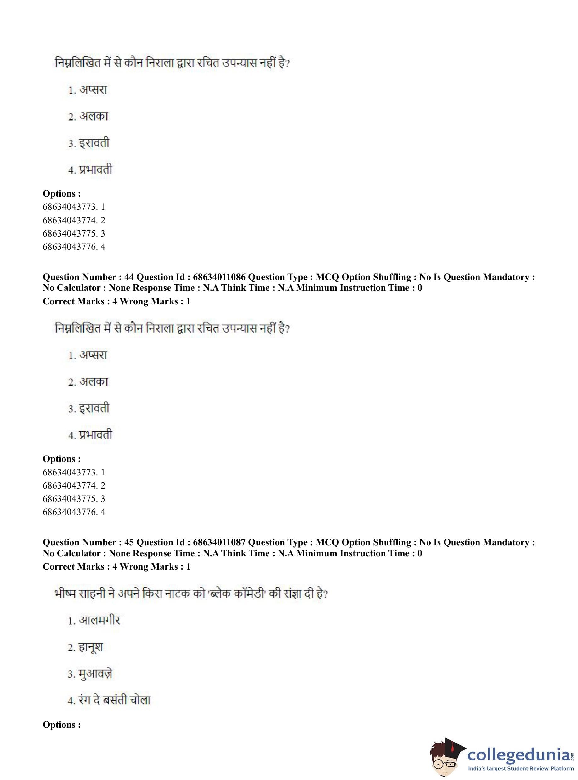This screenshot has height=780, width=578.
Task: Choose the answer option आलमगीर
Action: pos(99,621)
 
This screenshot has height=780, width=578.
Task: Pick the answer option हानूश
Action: pos(91,648)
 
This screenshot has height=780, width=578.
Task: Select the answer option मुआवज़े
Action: pos(95,674)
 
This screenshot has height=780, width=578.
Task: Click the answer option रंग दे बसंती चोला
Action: pos(114,701)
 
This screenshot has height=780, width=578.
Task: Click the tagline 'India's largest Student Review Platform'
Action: pos(521,770)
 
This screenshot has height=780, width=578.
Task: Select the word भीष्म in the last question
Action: pos(65,594)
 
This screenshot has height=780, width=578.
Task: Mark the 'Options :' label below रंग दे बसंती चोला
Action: pos(62,725)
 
